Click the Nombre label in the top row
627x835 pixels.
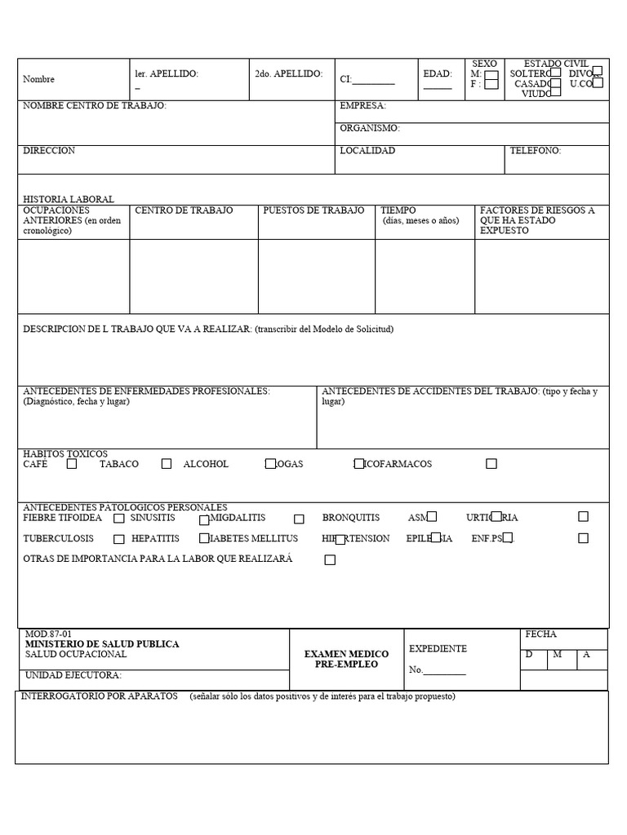pos(38,80)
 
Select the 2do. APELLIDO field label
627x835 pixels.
pos(288,73)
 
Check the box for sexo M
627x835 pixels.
pos(491,74)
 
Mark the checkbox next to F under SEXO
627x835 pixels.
pos(491,84)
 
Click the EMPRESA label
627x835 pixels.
pos(362,106)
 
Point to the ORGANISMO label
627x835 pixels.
pos(369,128)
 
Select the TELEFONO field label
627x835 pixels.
pos(535,151)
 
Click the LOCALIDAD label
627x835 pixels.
pos(367,151)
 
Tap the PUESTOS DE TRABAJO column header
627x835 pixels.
pos(313,210)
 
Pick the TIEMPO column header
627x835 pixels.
pos(398,210)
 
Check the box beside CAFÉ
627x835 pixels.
pos(72,464)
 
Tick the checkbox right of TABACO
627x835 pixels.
pos(167,464)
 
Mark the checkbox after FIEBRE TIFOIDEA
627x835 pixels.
pos(119,518)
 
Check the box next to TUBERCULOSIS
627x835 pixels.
pos(119,539)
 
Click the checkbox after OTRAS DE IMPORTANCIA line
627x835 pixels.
pos(330,559)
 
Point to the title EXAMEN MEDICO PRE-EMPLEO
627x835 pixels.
pos(346,659)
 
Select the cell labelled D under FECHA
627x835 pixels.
pos(529,655)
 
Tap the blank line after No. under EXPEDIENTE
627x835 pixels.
pos(445,671)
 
